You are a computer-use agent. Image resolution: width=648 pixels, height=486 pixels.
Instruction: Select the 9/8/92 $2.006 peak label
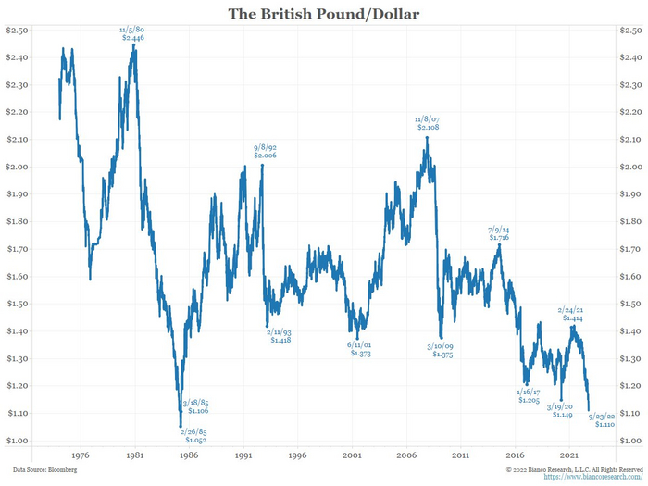[267, 152]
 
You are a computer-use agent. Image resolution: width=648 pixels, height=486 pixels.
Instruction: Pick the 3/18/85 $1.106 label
[195, 406]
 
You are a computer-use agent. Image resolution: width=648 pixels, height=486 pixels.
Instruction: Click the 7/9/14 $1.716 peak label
[498, 232]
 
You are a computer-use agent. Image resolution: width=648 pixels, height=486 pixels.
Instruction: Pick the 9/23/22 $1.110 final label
[604, 420]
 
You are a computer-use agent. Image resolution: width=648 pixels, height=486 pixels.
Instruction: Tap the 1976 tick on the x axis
[80, 455]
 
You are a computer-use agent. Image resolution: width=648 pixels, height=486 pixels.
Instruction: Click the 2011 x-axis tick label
[461, 455]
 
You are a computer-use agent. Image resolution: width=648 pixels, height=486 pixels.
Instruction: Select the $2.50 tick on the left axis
[18, 31]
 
